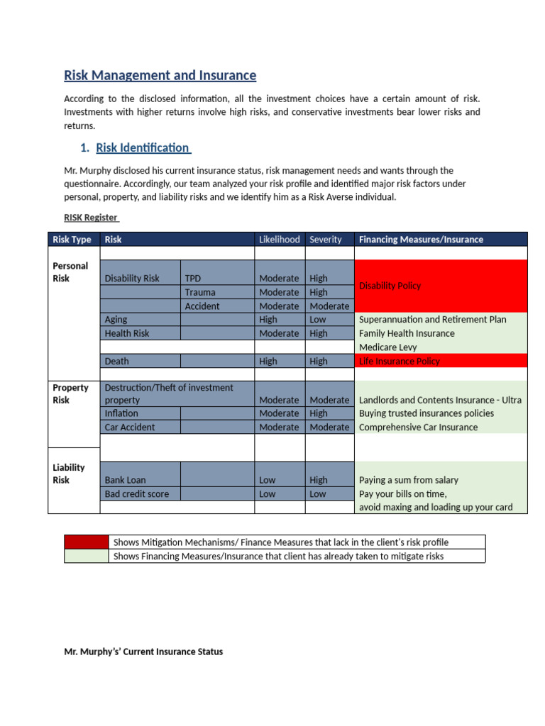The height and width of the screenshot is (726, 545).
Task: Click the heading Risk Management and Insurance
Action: point(160,75)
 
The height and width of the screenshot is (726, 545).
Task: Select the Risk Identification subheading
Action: point(143,147)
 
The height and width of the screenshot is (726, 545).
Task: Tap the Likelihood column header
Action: point(279,240)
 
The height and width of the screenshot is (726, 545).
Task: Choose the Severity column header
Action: point(326,240)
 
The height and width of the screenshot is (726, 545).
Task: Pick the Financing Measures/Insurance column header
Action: point(421,240)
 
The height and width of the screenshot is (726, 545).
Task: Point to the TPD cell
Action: point(193,279)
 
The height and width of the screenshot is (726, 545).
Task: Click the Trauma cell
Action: point(200,292)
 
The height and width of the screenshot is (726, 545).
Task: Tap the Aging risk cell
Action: point(116,320)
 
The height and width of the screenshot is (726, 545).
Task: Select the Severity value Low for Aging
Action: point(319,320)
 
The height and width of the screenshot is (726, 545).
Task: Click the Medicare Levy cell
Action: point(387,347)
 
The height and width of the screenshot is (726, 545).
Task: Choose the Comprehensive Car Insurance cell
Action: point(418,428)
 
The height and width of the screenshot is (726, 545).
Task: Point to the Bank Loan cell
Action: point(125,480)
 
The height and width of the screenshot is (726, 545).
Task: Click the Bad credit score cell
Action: point(137,494)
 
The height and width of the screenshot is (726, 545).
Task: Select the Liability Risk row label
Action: point(69,474)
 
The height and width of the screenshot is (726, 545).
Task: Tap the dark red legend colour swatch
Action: point(87,542)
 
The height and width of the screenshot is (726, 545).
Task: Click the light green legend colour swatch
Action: point(87,557)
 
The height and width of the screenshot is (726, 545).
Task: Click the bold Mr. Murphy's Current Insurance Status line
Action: point(143,652)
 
